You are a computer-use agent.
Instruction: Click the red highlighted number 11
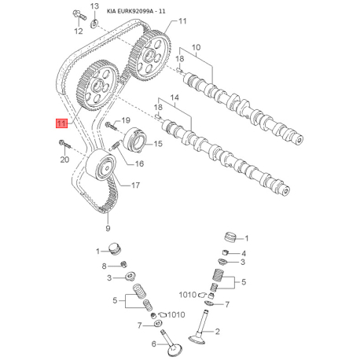(61, 123)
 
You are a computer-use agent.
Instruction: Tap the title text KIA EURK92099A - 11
(136, 11)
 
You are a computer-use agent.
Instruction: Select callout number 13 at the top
(94, 6)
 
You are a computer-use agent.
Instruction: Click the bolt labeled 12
(79, 15)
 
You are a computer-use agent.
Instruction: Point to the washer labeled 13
(94, 24)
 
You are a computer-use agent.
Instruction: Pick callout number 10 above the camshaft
(197, 47)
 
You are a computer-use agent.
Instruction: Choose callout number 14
(174, 97)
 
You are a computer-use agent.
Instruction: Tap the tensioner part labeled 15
(135, 140)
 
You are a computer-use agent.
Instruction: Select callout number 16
(139, 163)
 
